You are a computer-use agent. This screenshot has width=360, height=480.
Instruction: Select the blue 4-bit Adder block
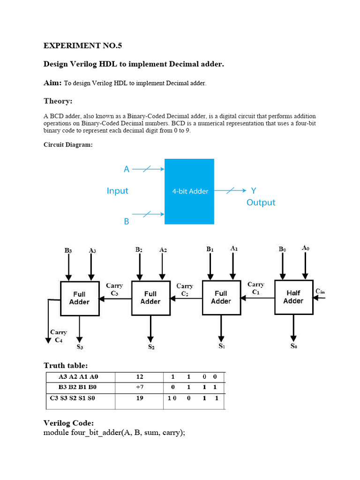click(189, 191)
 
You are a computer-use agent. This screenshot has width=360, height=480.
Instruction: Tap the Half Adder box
click(293, 297)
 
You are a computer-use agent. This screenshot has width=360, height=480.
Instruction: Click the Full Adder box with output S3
click(79, 298)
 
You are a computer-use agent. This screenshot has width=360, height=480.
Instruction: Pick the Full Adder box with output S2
click(150, 298)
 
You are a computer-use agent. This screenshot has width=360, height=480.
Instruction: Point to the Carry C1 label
click(256, 288)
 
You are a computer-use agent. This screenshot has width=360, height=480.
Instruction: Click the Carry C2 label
click(185, 290)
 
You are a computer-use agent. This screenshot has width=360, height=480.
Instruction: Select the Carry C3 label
click(114, 289)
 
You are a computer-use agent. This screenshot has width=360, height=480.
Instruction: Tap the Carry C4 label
click(59, 336)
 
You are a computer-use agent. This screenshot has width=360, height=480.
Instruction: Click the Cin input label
click(320, 292)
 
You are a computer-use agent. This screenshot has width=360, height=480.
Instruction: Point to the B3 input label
click(68, 250)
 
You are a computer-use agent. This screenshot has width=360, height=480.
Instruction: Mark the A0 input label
click(306, 247)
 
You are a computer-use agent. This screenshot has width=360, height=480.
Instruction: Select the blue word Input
click(117, 191)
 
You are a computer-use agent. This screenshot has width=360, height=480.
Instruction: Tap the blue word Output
click(261, 202)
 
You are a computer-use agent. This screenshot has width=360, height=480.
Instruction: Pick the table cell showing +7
click(139, 387)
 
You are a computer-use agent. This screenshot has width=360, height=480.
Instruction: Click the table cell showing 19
click(140, 398)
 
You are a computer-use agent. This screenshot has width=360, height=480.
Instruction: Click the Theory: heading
click(58, 101)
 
